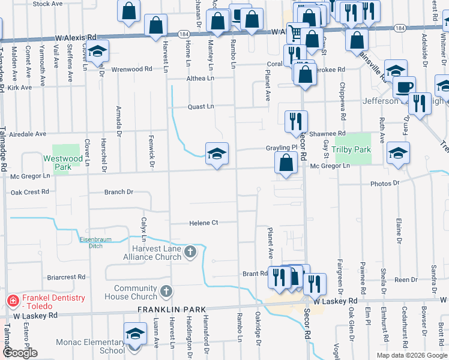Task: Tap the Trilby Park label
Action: tap(353, 149)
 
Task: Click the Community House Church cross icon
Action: tap(166, 292)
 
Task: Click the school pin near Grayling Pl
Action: tap(217, 153)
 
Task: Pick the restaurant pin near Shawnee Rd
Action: tap(295, 121)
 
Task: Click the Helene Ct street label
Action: tap(203, 223)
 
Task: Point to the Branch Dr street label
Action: tap(119, 193)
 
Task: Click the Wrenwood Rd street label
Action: tap(131, 69)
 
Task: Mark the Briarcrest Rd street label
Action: tap(66, 277)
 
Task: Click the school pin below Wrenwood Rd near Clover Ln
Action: tap(98, 52)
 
